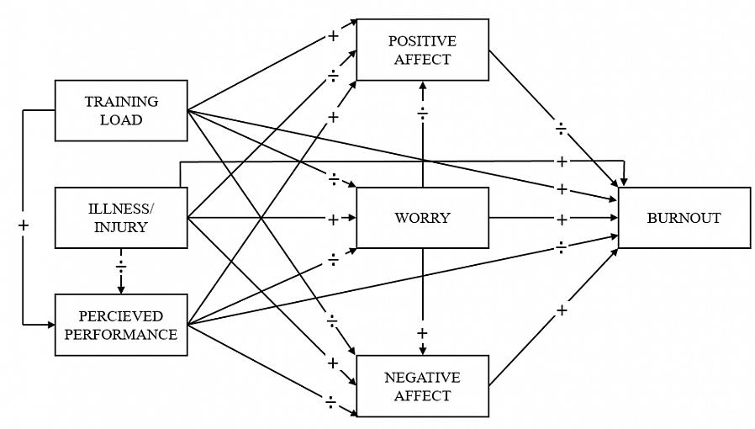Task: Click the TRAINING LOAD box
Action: (121, 110)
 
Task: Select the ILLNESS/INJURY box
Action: (121, 217)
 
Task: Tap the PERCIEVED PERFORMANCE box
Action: (121, 325)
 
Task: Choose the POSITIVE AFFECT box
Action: (422, 50)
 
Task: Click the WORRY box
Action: (422, 218)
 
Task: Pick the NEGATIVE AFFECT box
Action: (422, 386)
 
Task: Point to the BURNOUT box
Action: (684, 218)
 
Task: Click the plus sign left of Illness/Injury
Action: (24, 225)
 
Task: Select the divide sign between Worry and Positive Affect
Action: (423, 113)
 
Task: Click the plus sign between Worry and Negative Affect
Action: (423, 334)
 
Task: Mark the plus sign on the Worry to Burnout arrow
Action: (562, 219)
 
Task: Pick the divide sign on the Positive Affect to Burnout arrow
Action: (562, 129)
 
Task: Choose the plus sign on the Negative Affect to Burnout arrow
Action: (562, 310)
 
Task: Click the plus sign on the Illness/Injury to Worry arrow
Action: (333, 220)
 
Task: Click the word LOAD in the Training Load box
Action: (121, 119)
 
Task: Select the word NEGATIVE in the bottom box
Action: (422, 377)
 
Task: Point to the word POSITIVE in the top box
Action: (422, 40)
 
